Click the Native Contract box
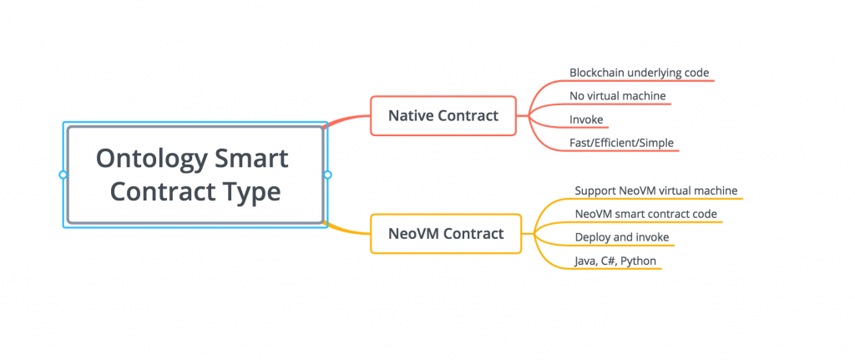click(443, 115)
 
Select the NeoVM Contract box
click(446, 233)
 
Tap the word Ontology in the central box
click(145, 160)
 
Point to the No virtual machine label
click(617, 96)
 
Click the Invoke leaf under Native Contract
click(586, 119)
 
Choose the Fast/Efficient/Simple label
click(621, 143)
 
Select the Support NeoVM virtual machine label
click(656, 191)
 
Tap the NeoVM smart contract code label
click(645, 215)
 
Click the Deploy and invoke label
click(621, 238)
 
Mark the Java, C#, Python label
click(615, 261)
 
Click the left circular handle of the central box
click(63, 175)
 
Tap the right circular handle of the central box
click(327, 175)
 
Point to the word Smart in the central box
click(251, 159)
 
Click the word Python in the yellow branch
click(639, 261)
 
